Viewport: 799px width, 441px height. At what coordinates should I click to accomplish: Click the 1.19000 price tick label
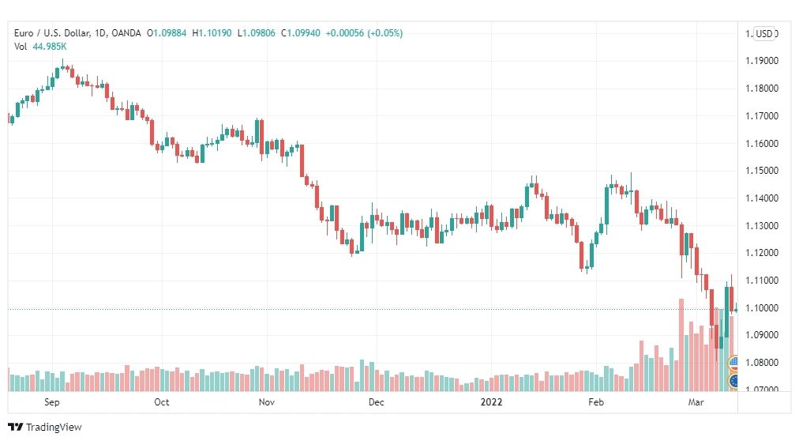(x=762, y=61)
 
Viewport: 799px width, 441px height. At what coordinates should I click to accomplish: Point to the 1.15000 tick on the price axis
(x=762, y=171)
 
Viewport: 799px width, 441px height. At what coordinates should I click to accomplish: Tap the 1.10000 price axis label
(x=762, y=308)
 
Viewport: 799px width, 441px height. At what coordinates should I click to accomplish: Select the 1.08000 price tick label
(x=762, y=363)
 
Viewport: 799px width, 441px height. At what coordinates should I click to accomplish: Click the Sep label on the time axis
(x=52, y=401)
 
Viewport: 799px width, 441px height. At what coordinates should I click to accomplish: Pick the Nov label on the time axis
(x=267, y=401)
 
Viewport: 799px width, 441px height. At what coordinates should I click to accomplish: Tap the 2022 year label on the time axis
(x=491, y=401)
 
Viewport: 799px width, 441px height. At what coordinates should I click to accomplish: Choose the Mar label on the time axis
(x=696, y=401)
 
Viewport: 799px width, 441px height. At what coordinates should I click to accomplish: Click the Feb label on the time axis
(x=595, y=401)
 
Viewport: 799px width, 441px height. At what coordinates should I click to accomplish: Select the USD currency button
(x=763, y=34)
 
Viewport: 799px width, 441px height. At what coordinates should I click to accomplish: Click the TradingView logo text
(x=54, y=428)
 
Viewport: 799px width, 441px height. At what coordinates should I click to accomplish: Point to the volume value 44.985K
(x=50, y=47)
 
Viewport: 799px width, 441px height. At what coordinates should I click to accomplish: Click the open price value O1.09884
(x=167, y=33)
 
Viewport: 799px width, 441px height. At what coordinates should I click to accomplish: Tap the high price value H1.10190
(x=212, y=33)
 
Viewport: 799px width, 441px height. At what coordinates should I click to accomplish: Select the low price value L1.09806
(x=257, y=33)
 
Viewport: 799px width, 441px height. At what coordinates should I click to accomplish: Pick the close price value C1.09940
(x=301, y=33)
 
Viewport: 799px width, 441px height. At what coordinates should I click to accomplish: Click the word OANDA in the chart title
(x=126, y=33)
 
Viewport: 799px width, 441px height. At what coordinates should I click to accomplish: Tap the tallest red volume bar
(x=681, y=345)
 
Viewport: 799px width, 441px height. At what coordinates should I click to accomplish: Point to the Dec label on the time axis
(x=376, y=401)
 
